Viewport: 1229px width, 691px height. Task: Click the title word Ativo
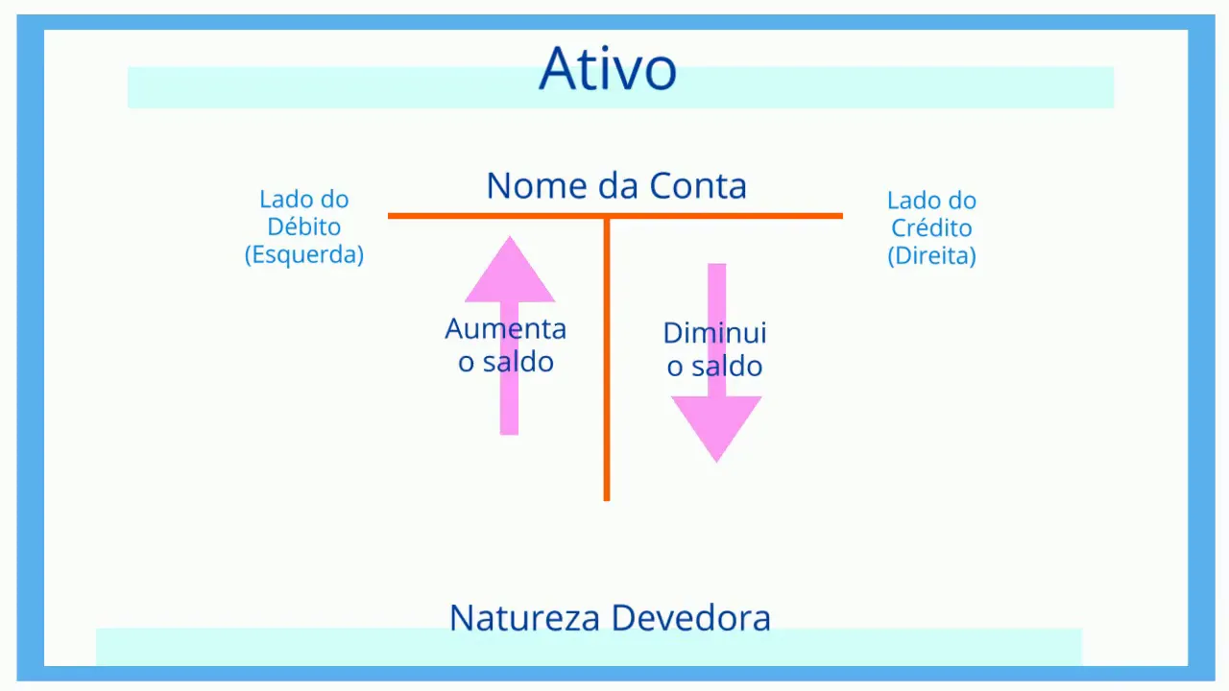pos(608,68)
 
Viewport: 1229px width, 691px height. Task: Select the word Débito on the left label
pos(304,227)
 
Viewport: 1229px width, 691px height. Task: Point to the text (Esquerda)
pos(304,255)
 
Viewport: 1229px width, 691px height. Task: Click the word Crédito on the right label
pos(931,228)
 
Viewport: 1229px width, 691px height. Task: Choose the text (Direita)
pos(931,256)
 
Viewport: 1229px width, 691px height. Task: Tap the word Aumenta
pos(506,329)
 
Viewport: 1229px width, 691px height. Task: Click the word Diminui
pos(715,333)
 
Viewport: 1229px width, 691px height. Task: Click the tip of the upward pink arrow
pos(510,239)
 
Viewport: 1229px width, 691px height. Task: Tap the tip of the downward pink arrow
pos(716,460)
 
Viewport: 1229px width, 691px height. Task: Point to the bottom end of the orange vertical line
pos(607,498)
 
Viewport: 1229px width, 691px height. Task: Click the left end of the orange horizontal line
pos(390,216)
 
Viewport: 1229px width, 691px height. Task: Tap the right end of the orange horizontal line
pos(840,216)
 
